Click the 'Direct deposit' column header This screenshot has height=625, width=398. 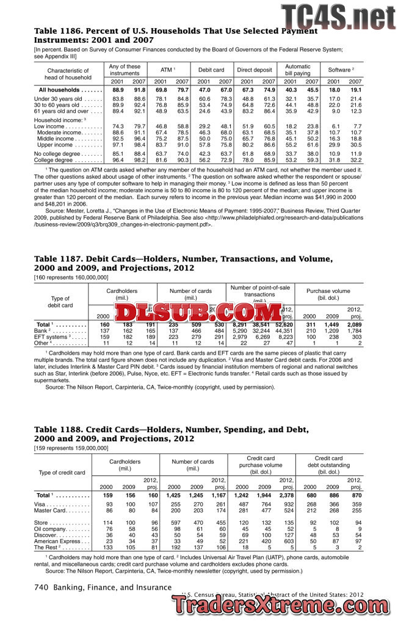[255, 70]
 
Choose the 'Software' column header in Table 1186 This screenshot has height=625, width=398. [343, 70]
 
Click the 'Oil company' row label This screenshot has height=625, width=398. [60, 529]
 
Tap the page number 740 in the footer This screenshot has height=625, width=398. [41, 587]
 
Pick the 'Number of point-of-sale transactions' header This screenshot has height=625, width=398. [260, 292]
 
